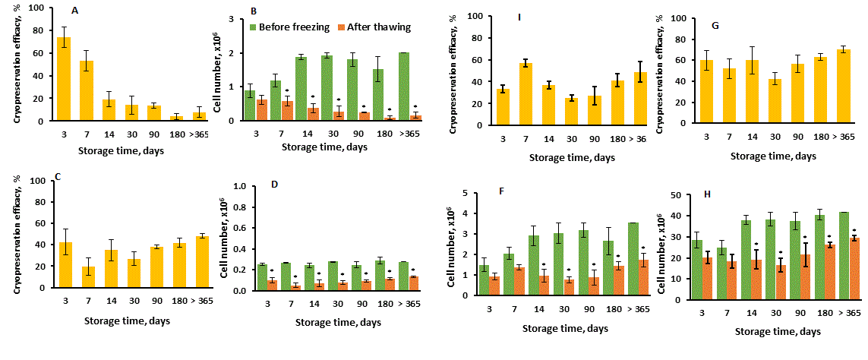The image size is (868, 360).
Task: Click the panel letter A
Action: point(74,11)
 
